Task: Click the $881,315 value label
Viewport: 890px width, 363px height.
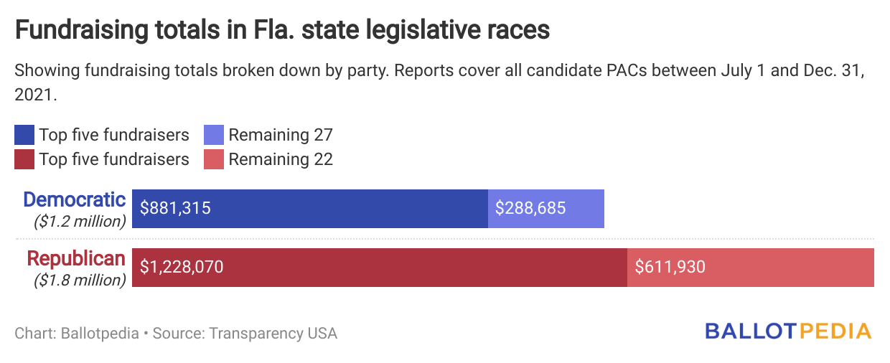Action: coord(176,209)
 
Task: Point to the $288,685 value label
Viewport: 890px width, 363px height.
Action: coord(530,209)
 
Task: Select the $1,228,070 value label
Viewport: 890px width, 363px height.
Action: coord(182,268)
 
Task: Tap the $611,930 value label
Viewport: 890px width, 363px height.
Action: coord(670,268)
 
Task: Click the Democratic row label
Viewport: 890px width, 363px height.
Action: coord(75,199)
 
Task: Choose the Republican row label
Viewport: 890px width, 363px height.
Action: coord(76,258)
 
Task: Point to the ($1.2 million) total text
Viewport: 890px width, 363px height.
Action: coord(80,221)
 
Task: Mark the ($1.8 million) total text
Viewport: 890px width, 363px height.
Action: coord(80,280)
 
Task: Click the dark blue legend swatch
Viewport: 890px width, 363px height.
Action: coord(24,135)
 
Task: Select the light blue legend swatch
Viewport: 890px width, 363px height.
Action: coord(214,135)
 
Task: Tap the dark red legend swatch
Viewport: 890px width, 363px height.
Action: coord(24,159)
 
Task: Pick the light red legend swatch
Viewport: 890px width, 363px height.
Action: coord(214,159)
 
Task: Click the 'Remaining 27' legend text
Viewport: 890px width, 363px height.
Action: coord(281,135)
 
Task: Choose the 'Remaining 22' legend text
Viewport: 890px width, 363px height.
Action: coord(281,159)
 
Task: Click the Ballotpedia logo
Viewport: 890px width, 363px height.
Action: coord(788,331)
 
